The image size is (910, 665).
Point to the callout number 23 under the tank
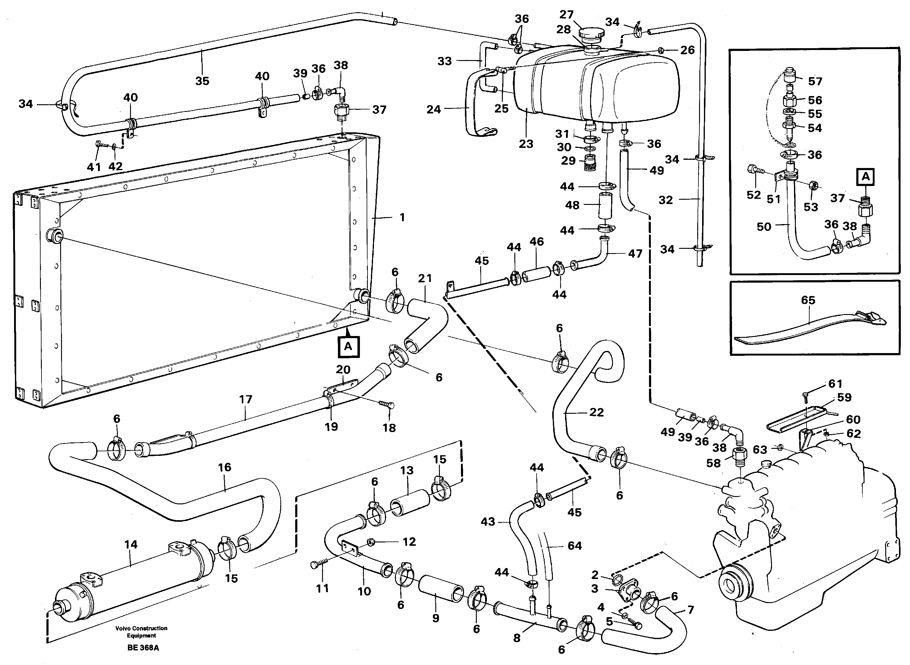526,144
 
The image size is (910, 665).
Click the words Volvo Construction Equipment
141,631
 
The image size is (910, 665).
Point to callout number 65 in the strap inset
808,300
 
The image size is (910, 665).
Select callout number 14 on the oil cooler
131,545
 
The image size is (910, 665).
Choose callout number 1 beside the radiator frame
402,217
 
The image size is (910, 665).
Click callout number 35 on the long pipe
202,81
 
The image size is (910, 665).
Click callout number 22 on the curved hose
596,412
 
